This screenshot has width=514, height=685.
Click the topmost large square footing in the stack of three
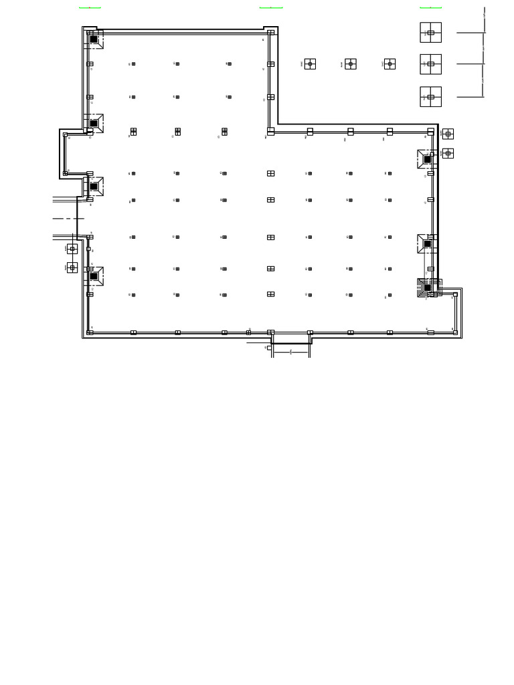[x=430, y=32]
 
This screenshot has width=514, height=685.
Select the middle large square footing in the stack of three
[x=430, y=64]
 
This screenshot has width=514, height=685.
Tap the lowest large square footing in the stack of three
[x=430, y=96]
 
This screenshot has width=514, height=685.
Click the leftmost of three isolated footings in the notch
[x=310, y=64]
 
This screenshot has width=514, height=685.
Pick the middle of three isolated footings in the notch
[x=351, y=64]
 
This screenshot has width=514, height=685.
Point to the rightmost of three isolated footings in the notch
[x=390, y=64]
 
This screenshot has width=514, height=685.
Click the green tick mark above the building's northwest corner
[x=90, y=8]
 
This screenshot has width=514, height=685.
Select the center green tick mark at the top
[x=270, y=8]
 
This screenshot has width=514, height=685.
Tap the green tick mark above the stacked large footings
[x=430, y=8]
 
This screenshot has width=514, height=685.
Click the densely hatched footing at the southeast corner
[x=426, y=288]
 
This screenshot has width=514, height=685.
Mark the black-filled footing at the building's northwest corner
[x=94, y=39]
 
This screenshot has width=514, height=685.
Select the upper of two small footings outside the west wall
[x=72, y=249]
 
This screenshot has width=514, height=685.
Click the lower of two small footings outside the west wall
[x=72, y=268]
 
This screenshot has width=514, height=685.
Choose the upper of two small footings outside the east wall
[x=448, y=134]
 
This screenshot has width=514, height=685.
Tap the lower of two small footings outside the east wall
[x=448, y=153]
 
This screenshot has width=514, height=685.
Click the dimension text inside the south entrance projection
[x=290, y=351]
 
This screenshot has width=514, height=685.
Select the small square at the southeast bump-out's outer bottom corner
[x=455, y=332]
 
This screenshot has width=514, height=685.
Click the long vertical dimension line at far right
[x=483, y=54]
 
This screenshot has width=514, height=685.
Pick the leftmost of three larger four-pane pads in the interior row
[x=133, y=132]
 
